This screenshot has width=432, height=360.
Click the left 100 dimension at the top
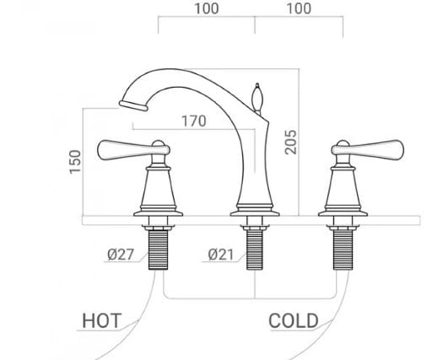coord(207,9)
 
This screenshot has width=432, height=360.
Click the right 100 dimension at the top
coord(298,9)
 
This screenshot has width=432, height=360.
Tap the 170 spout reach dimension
coord(194,121)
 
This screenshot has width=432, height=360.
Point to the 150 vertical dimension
coord(75,161)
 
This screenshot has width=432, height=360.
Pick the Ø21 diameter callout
coord(220,255)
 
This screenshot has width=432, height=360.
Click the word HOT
coord(101,320)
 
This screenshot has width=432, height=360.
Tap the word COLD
coord(294,320)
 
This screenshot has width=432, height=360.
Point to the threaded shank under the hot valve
coord(156,247)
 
